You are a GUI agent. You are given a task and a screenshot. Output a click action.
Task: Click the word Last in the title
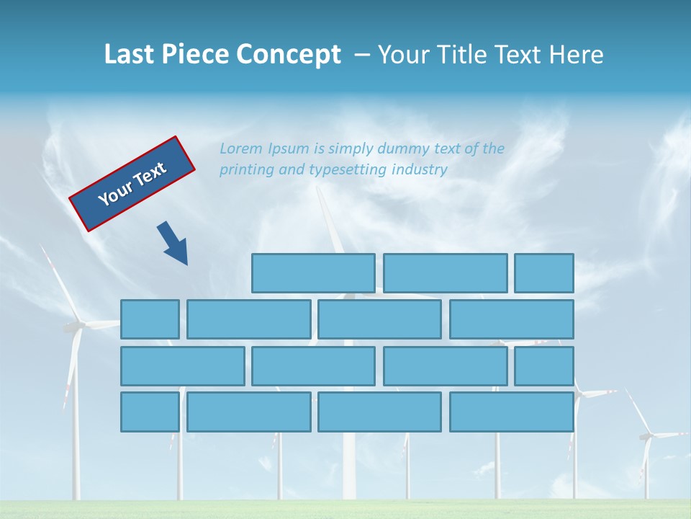[127, 55]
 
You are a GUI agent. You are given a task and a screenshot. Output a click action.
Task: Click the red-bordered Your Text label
[132, 184]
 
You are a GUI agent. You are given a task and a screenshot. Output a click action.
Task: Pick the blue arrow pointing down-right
[173, 244]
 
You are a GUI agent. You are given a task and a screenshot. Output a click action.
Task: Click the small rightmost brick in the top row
[544, 273]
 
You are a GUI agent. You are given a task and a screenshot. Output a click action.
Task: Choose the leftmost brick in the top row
[313, 273]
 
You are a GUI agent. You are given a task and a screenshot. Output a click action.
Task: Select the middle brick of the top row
[445, 273]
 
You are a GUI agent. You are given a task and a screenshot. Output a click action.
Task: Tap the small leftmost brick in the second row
[150, 319]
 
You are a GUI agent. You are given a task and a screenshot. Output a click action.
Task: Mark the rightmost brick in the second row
[512, 319]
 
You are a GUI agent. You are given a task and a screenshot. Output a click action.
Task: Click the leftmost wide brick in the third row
[182, 366]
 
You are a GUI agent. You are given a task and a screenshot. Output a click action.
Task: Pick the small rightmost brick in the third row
[544, 366]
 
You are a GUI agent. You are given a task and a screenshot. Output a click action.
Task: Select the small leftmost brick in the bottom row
[150, 412]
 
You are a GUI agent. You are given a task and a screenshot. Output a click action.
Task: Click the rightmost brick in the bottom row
[512, 412]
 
